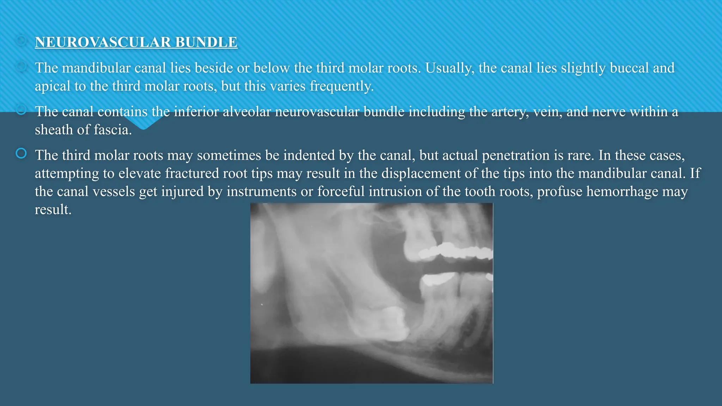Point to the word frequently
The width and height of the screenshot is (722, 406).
342,86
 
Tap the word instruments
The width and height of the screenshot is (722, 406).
261,192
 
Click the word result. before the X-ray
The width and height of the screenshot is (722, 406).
53,210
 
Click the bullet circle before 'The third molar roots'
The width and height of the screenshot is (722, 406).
21,154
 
